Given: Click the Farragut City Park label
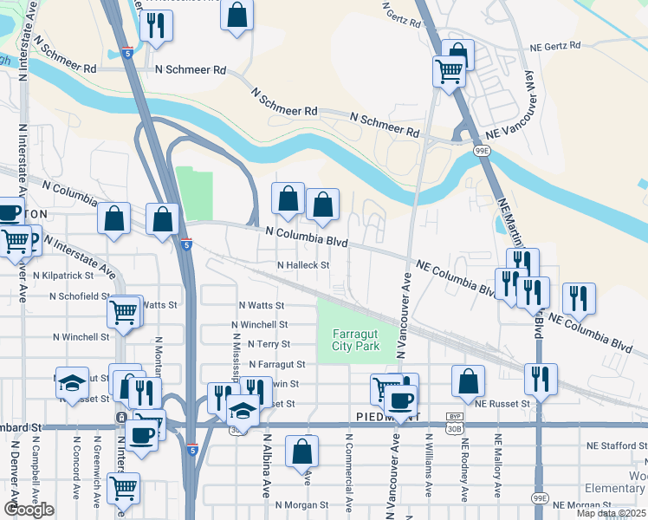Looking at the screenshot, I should click(355, 340).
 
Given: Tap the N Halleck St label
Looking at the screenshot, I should click(303, 265).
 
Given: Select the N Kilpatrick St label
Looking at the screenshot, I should click(63, 275).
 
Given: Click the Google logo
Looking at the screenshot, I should click(29, 510).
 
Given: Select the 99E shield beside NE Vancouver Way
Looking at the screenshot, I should click(483, 151).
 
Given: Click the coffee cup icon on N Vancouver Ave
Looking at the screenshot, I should click(400, 400).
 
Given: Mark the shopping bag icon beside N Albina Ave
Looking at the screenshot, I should click(301, 451).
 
